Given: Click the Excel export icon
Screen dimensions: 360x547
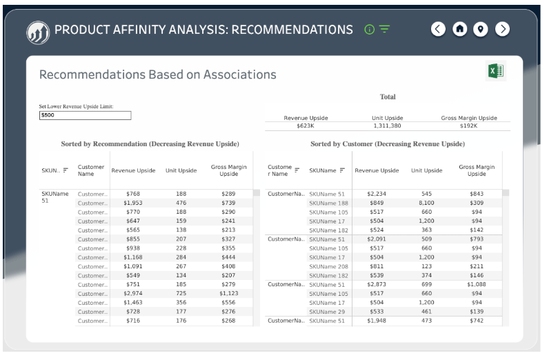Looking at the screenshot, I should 495,72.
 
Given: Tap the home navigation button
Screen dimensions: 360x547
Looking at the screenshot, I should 459,29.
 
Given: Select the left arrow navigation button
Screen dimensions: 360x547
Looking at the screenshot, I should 438,29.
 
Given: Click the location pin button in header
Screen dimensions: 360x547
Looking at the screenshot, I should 481,29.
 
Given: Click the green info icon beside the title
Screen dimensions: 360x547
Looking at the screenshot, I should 369,30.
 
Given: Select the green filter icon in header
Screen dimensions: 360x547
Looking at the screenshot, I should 384,30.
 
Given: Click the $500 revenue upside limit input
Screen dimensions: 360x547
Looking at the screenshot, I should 85,116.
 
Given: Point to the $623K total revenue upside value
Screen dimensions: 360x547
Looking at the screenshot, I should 306,126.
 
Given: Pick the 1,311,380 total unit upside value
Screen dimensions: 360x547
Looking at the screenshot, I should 387,126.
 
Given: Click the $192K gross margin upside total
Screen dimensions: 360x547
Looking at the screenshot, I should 469,126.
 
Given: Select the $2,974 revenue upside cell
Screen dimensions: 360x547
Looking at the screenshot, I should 133,294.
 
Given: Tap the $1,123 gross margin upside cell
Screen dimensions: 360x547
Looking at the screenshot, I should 228,294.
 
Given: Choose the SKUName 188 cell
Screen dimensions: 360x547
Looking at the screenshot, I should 328,203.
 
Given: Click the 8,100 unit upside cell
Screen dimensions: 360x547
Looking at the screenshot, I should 426,203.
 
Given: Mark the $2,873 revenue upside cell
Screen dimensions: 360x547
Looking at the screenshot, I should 377,285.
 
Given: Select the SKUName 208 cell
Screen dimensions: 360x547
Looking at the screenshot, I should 328,266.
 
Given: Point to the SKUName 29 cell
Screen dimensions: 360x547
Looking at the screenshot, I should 327,312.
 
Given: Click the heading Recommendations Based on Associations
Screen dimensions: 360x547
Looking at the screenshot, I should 158,75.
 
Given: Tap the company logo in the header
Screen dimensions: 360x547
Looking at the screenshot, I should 37,32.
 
